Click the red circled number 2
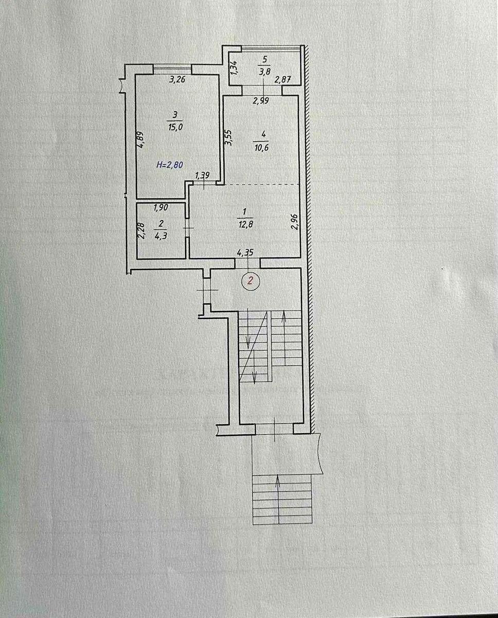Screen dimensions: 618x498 pos(251,281)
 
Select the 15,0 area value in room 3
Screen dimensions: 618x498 pos(175,128)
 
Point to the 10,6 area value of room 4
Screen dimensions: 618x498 pos(264,146)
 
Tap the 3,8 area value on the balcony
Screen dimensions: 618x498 pos(265,73)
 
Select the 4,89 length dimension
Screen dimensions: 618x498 pos(140,139)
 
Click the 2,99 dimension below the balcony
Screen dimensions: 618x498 pos(261,101)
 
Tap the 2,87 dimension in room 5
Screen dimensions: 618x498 pos(283,80)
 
